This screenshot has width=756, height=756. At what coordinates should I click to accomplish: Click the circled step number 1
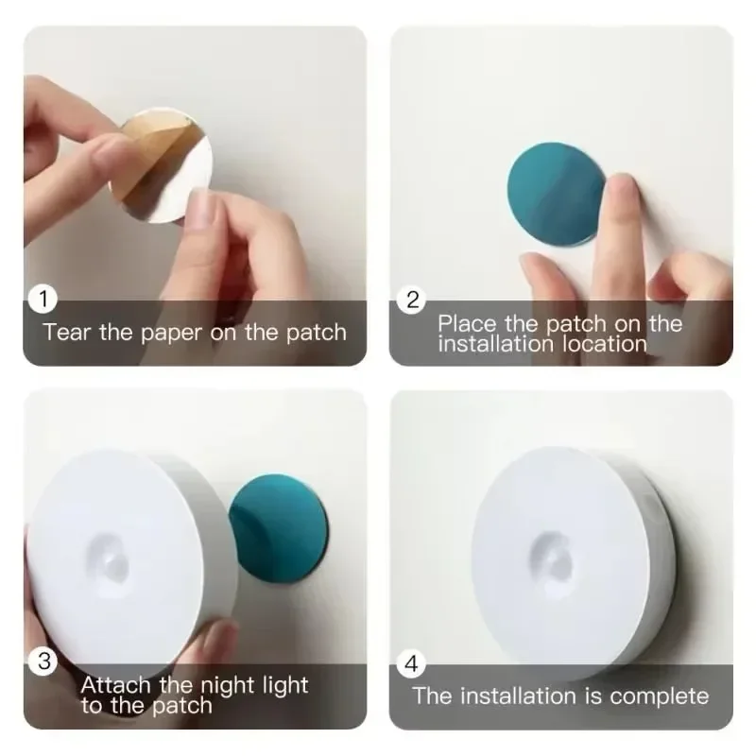(43, 301)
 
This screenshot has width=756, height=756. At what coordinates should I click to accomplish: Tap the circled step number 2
(412, 301)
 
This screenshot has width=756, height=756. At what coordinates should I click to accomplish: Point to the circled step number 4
(411, 663)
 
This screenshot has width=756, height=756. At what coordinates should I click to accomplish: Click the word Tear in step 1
(67, 333)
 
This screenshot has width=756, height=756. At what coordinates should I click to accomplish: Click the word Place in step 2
(467, 323)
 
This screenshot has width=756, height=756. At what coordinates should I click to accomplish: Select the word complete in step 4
(660, 696)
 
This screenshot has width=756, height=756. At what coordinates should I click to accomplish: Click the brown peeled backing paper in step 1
(151, 156)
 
